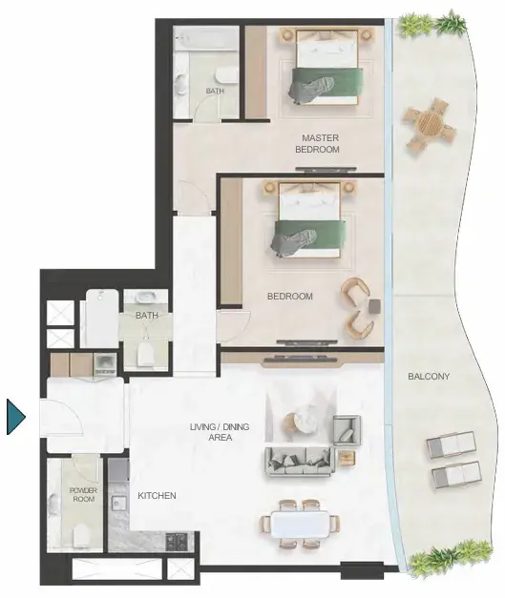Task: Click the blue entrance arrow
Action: pos(15,417)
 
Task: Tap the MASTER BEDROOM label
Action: pos(317,143)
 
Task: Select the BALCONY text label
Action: pos(429,377)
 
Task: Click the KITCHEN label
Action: pos(157,495)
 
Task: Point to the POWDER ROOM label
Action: pos(84,494)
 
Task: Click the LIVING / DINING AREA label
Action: pos(220,432)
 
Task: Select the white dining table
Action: pos(301,524)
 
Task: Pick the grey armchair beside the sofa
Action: pos(347,430)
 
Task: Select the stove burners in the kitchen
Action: pos(178,540)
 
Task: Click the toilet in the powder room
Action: pos(81,535)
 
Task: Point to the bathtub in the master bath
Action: pos(206,38)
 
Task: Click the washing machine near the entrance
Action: pos(105,363)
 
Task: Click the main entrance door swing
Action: pos(61,417)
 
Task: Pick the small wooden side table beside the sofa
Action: pos(347,458)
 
